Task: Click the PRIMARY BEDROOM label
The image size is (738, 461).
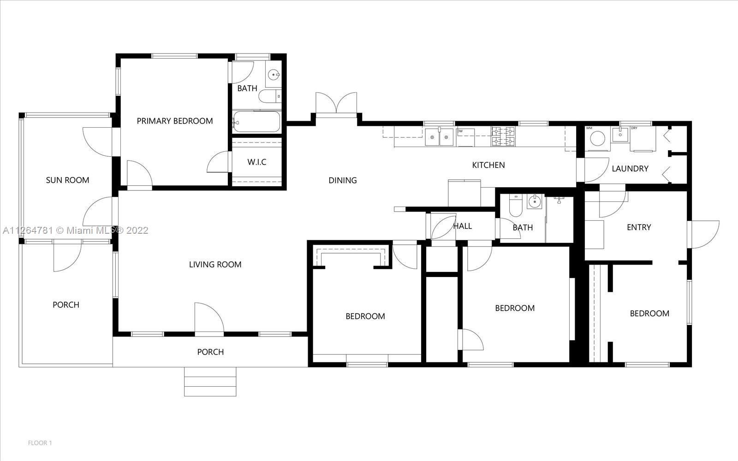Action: (175, 121)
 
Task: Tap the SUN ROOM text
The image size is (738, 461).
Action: (67, 180)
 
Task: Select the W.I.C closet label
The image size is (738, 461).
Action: (256, 162)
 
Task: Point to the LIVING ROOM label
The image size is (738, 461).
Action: (215, 265)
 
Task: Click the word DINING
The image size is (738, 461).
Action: (343, 180)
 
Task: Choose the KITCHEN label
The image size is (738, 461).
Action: (488, 165)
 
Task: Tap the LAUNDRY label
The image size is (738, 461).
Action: (630, 169)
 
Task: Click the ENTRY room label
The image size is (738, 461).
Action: (639, 227)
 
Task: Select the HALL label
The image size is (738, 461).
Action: (463, 226)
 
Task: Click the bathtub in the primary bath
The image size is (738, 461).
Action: (256, 122)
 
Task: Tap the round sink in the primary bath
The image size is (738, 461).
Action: (274, 75)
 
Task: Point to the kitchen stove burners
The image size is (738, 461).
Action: (503, 136)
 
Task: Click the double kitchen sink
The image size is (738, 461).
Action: (439, 137)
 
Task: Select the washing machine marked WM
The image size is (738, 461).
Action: (597, 139)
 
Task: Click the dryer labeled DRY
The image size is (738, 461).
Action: (643, 139)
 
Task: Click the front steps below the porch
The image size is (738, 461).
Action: (210, 382)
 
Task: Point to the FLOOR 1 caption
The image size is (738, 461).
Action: (40, 443)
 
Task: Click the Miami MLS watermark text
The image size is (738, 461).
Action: (76, 230)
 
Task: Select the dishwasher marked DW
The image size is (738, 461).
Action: (465, 137)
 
